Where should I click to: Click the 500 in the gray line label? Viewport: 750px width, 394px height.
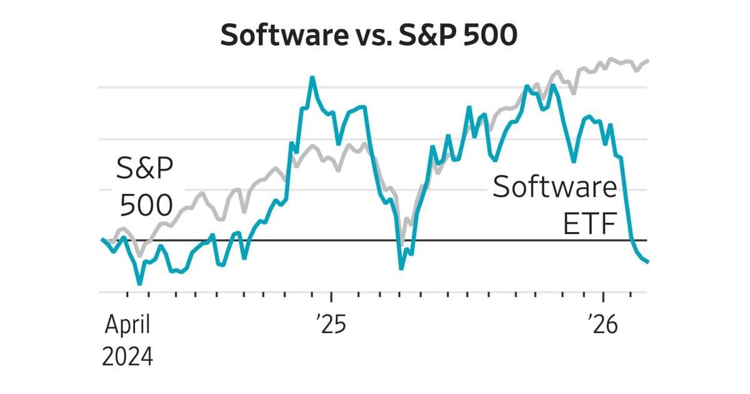point(146,205)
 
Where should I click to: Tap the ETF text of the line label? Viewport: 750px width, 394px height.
point(590,224)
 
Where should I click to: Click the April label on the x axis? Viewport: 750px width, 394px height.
point(127,325)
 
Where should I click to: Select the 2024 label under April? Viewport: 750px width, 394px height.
point(127,356)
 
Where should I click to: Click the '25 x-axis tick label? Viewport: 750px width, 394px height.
point(331,325)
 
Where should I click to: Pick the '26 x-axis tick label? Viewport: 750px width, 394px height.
point(603,325)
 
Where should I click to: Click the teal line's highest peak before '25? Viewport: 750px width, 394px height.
point(312,78)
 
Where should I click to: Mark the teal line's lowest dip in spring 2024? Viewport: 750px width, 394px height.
point(139,283)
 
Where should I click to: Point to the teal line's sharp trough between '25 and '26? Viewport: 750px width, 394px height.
point(401,268)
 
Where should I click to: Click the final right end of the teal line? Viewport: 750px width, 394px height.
point(648,262)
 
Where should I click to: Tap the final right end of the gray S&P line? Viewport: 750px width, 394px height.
point(649,61)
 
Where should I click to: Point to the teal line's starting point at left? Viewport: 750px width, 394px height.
point(102,240)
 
